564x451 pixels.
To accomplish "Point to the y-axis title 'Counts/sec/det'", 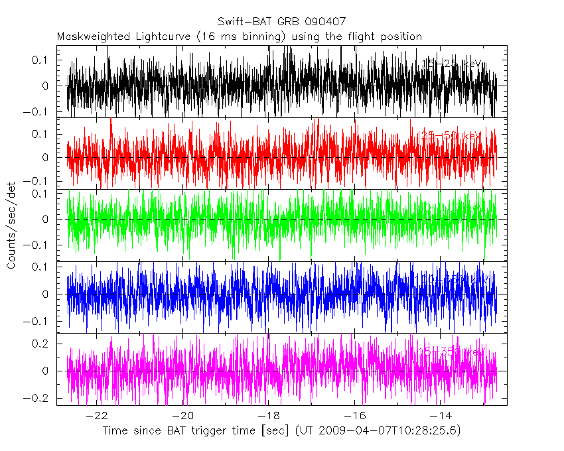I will tap(11, 225).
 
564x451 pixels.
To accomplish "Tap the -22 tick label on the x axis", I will tap(98, 416).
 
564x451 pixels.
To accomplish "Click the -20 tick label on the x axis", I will tap(183, 416).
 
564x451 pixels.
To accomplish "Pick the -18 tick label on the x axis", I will tap(269, 416).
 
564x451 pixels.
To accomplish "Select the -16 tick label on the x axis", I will tap(354, 416).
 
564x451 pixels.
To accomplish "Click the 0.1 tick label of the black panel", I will tap(41, 60).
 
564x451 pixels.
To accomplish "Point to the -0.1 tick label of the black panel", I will tap(38, 111).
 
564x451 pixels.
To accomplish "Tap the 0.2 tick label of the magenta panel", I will tap(41, 344).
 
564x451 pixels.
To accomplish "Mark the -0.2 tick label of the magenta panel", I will tap(38, 398).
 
